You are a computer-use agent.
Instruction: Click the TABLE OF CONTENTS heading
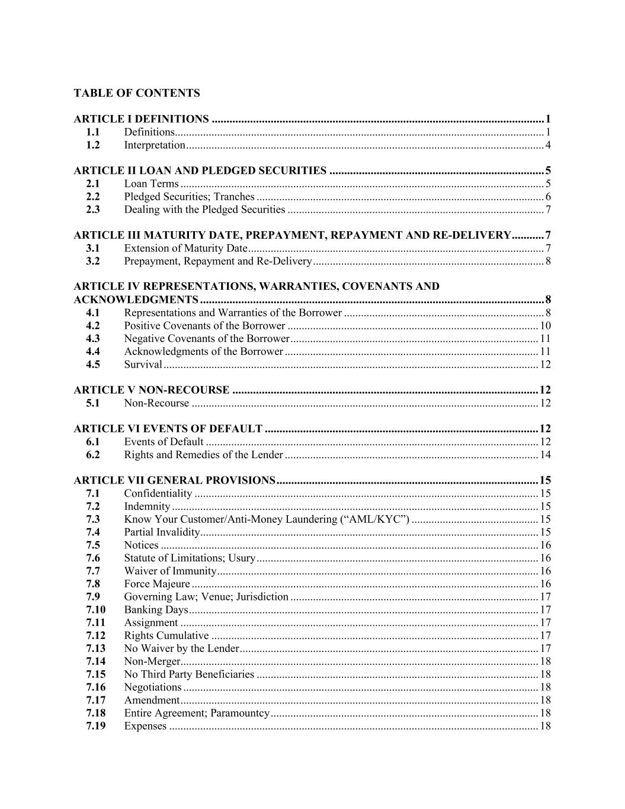click(x=137, y=93)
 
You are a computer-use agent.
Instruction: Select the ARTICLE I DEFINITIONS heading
click(x=141, y=119)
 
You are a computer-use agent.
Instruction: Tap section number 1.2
click(x=92, y=145)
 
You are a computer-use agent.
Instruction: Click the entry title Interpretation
click(x=155, y=145)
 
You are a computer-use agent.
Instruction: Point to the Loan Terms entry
click(x=151, y=184)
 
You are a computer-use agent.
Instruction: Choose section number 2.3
click(x=92, y=209)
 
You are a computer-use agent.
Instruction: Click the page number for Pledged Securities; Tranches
click(x=548, y=197)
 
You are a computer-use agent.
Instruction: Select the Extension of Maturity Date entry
click(x=185, y=248)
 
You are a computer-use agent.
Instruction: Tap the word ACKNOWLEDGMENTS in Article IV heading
click(x=136, y=299)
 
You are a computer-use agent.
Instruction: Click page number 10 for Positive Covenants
click(x=545, y=325)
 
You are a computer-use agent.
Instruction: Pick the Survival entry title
click(x=143, y=364)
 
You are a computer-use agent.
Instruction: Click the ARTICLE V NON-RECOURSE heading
click(x=151, y=390)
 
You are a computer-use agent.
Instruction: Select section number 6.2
click(x=92, y=455)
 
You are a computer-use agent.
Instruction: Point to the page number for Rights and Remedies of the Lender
click(x=545, y=455)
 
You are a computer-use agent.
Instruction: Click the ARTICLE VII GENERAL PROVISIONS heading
click(x=174, y=480)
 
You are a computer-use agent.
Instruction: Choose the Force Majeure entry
click(x=156, y=584)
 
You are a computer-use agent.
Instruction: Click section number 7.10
click(x=95, y=610)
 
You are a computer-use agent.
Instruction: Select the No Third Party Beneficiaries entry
click(x=189, y=674)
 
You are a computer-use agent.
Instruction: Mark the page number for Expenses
click(x=545, y=726)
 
